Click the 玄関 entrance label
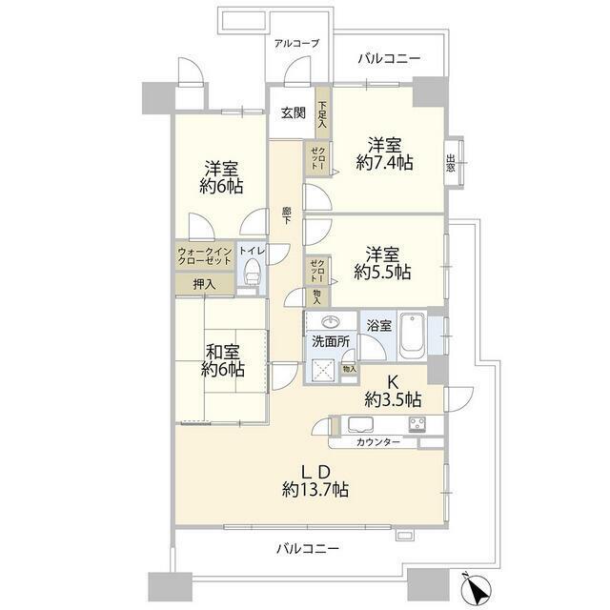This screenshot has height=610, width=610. point(294,112)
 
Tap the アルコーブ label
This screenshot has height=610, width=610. point(296,43)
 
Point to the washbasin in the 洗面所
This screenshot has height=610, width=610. point(331,322)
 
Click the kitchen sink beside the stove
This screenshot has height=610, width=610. point(360,424)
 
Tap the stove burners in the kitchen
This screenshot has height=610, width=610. point(417,424)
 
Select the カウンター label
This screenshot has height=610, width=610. point(378,442)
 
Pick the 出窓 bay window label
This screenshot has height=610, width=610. point(451,163)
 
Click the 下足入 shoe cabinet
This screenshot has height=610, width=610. point(322,113)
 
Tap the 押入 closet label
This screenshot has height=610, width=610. point(204,284)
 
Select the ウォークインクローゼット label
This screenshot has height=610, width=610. point(205,256)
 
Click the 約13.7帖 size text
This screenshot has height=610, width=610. point(315,489)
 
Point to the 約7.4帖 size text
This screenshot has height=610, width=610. point(384,162)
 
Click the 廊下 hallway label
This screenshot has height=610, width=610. point(287,216)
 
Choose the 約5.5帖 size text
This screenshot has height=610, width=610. point(382,272)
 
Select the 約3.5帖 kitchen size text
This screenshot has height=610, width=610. point(393,399)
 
